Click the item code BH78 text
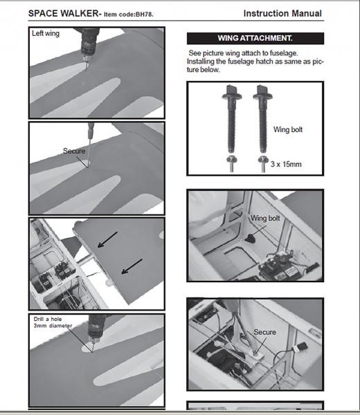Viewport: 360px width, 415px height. coord(129,15)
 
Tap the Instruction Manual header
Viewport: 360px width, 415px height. coord(282,14)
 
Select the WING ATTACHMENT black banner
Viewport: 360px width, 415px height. coord(255,38)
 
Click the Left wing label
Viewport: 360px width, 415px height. coord(46,34)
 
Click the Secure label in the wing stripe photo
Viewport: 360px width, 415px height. coord(74,151)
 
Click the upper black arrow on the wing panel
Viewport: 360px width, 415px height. coord(107,240)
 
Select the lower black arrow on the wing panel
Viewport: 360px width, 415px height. coord(132,266)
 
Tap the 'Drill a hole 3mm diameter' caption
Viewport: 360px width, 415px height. coord(53,322)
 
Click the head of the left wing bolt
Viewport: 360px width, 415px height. coord(232,93)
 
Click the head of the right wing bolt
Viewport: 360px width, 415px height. coord(262,93)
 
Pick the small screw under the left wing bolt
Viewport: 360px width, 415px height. coord(231,164)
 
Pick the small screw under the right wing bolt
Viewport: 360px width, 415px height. coord(263,164)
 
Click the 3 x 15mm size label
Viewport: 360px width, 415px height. coord(286,164)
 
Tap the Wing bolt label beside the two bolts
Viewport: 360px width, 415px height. coord(288,130)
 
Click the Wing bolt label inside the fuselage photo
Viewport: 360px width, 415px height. coord(265,218)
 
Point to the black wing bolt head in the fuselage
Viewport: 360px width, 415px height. coord(250,239)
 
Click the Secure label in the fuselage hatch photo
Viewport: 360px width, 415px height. coord(264,332)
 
